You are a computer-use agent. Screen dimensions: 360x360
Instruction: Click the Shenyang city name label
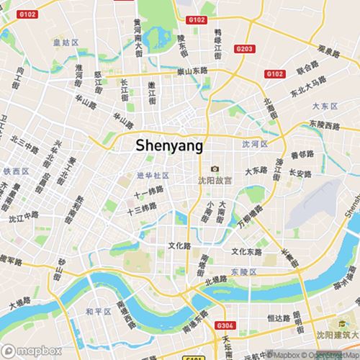[169, 145]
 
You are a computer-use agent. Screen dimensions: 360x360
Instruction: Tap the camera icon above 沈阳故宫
[214, 168]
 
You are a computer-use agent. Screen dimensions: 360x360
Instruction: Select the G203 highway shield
[244, 48]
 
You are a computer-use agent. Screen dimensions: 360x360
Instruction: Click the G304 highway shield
[224, 326]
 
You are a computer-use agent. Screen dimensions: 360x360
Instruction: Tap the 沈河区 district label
[254, 144]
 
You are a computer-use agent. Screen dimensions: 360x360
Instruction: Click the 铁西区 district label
[15, 171]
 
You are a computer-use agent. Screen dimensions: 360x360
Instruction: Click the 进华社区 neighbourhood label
[152, 175]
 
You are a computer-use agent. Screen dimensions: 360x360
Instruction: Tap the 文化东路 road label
[247, 252]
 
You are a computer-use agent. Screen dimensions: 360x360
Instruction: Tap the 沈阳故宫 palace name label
[215, 180]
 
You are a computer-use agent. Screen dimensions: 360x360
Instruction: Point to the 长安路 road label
[300, 174]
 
